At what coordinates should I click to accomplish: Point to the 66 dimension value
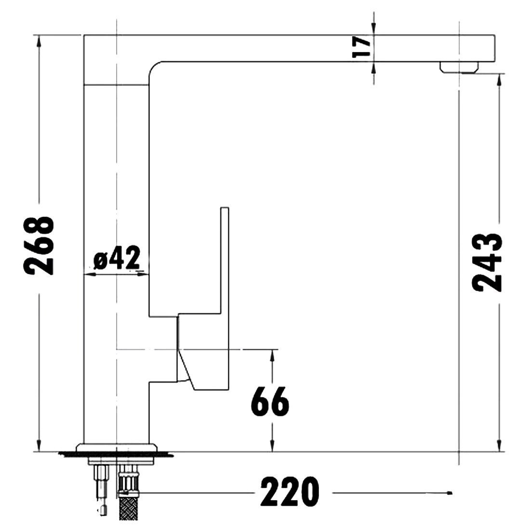(270, 401)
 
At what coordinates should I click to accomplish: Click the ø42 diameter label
(117, 258)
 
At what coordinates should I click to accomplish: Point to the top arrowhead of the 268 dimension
(39, 40)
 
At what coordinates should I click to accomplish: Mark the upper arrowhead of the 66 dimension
(273, 354)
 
